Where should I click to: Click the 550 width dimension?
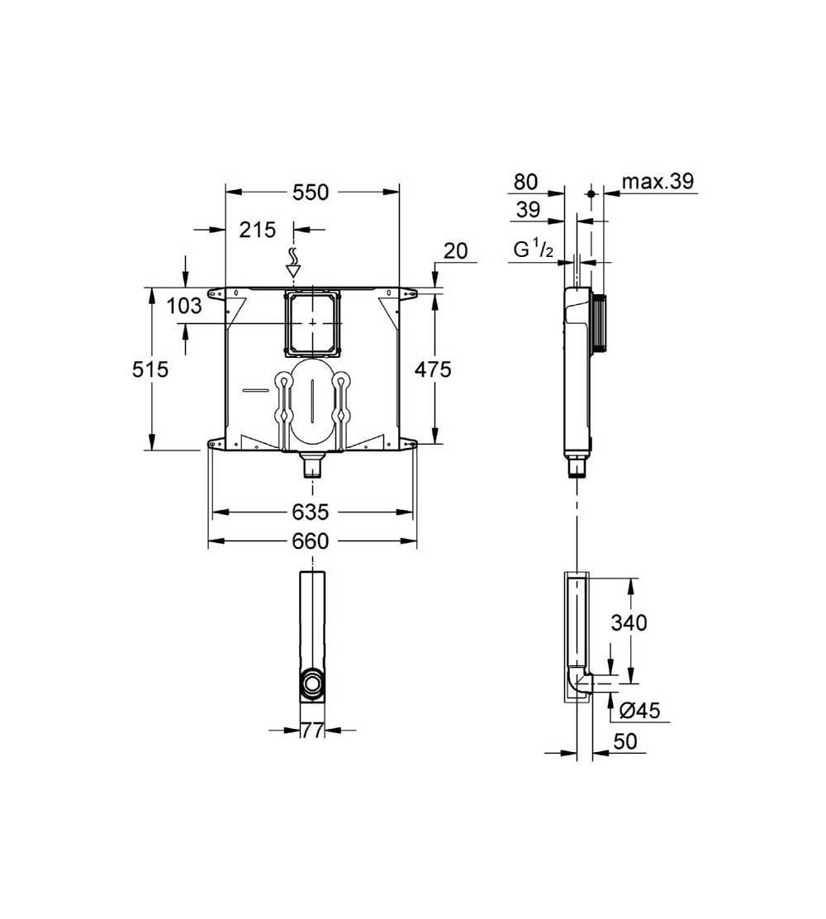pyautogui.click(x=311, y=193)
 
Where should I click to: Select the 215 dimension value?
pyautogui.click(x=257, y=230)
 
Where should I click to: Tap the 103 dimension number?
pyautogui.click(x=184, y=305)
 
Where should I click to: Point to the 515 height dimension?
pyautogui.click(x=150, y=369)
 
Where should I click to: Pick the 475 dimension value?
pyautogui.click(x=433, y=369)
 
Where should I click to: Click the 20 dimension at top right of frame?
pyautogui.click(x=455, y=251)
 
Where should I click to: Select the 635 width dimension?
pyautogui.click(x=311, y=512)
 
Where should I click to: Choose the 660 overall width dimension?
pyautogui.click(x=311, y=541)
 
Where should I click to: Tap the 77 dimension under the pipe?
pyautogui.click(x=312, y=731)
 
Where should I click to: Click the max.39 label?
pyautogui.click(x=657, y=181)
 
